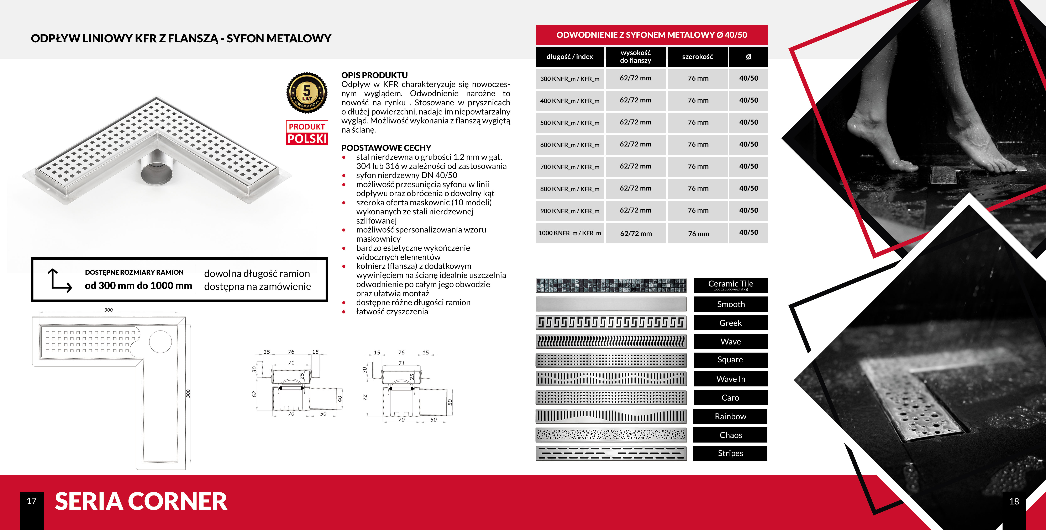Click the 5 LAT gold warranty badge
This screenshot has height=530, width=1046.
pyautogui.click(x=307, y=93)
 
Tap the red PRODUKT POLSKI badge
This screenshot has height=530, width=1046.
pyautogui.click(x=307, y=133)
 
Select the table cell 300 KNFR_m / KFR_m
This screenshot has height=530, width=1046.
pyautogui.click(x=570, y=79)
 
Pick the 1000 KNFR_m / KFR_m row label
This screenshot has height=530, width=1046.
pyautogui.click(x=570, y=233)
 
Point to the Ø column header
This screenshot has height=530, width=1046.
pyautogui.click(x=748, y=57)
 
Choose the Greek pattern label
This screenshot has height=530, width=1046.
pyautogui.click(x=730, y=323)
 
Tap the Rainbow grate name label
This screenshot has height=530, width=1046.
pyautogui.click(x=730, y=416)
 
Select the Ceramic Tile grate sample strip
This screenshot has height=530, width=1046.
pyautogui.click(x=611, y=285)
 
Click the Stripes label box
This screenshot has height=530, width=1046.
pyautogui.click(x=730, y=453)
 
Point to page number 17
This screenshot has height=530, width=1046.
pyautogui.click(x=32, y=501)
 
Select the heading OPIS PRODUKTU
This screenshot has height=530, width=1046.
pyautogui.click(x=374, y=75)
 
